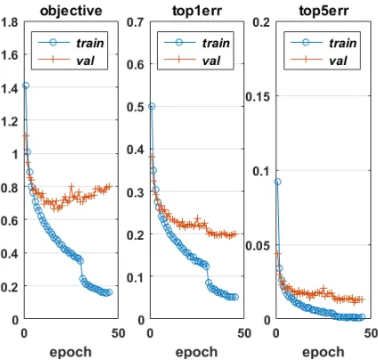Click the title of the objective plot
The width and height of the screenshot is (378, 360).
click(x=71, y=12)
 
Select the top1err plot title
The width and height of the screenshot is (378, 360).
click(x=197, y=11)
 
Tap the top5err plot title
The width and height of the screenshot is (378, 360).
click(x=324, y=11)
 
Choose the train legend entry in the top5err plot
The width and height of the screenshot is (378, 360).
click(x=324, y=43)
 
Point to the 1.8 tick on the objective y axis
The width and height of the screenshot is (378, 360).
click(x=10, y=22)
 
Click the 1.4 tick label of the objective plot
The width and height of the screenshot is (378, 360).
click(x=10, y=88)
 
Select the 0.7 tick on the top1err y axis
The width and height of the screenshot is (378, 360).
click(x=136, y=22)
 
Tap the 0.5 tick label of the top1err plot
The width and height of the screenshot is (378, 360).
click(x=136, y=107)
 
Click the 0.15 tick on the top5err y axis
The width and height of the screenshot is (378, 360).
click(x=258, y=96)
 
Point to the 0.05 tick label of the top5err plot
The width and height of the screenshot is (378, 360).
click(x=258, y=246)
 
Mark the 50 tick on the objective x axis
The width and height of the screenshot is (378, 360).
click(x=119, y=333)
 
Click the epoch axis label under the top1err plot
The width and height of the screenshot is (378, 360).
click(x=197, y=352)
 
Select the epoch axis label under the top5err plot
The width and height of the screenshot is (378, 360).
click(x=324, y=352)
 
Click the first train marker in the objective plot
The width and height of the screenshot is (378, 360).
click(x=26, y=86)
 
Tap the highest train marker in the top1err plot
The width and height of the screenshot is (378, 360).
click(x=152, y=106)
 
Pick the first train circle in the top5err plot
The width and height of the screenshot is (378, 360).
click(x=277, y=182)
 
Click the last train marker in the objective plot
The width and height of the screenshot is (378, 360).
click(x=110, y=292)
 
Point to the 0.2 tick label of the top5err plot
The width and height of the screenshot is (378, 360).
click(x=261, y=22)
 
